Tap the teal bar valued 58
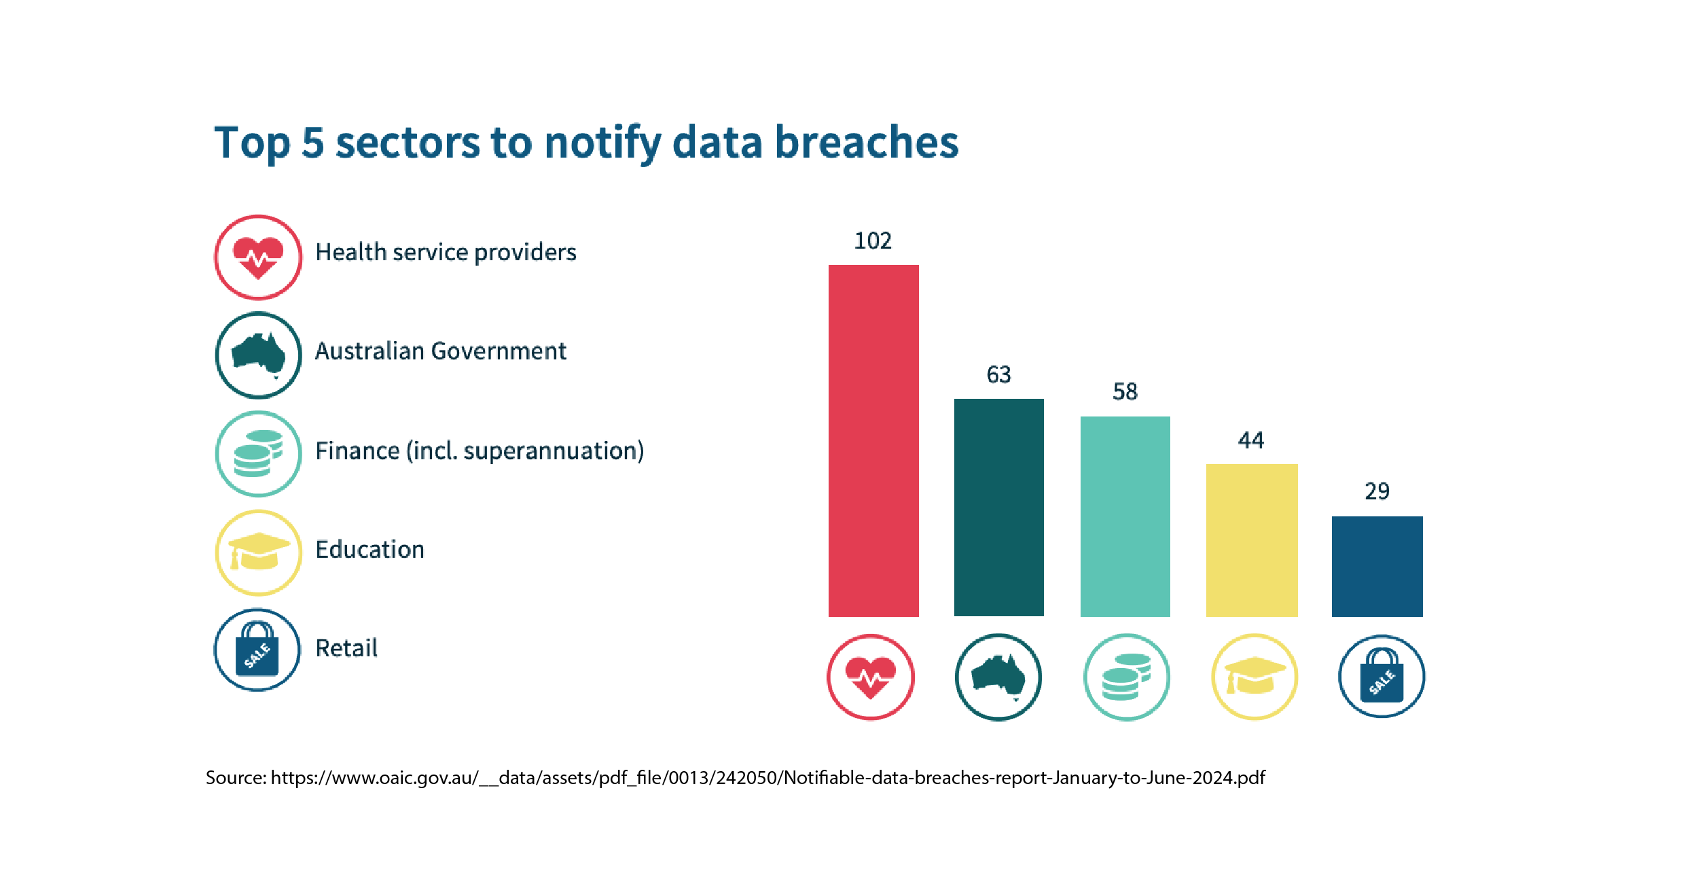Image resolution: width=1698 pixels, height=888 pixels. (x=1125, y=516)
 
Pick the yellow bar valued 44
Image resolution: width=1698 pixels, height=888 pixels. (x=1251, y=540)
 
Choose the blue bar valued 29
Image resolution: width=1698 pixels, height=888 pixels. (x=1377, y=566)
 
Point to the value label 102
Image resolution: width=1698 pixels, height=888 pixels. (x=873, y=241)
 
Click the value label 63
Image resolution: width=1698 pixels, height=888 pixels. (x=998, y=374)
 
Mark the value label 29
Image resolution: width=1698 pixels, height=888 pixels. (x=1377, y=491)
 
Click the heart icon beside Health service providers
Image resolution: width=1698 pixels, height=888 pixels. (x=258, y=257)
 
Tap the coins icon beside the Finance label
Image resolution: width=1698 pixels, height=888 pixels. (x=258, y=453)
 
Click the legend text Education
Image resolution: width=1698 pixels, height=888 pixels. (x=370, y=549)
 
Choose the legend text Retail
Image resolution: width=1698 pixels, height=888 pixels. (x=346, y=648)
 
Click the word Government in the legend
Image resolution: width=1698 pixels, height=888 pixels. (x=499, y=351)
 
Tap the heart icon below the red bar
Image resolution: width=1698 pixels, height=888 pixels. (x=871, y=677)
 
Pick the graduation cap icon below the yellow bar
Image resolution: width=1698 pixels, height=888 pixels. (x=1254, y=677)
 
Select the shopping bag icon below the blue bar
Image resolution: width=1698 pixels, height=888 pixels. (x=1381, y=677)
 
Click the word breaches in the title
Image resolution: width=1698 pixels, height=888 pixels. (x=867, y=143)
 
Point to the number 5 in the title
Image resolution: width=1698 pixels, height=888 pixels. (x=312, y=143)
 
